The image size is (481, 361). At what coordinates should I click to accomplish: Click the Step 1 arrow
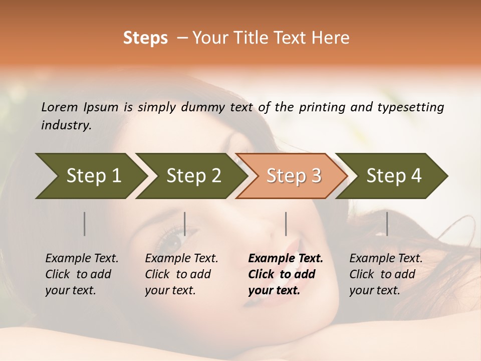[x=90, y=176]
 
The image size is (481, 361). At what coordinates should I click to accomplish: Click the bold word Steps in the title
[x=145, y=38]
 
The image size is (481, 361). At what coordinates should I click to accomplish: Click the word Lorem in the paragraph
[x=60, y=107]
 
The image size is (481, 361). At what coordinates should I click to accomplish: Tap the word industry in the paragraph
[x=66, y=125]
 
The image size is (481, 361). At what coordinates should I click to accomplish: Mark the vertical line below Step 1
[x=84, y=224]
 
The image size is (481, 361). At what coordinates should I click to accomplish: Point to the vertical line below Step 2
[x=185, y=224]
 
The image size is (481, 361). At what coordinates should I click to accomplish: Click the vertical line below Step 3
[x=286, y=224]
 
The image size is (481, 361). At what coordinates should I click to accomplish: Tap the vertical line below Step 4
[x=387, y=224]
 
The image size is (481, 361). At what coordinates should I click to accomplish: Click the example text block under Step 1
[x=82, y=274]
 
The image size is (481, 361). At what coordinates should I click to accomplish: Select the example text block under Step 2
[x=181, y=274]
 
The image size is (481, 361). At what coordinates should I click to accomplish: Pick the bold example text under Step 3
[x=286, y=274]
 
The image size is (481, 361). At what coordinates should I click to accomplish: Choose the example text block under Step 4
[x=386, y=274]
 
